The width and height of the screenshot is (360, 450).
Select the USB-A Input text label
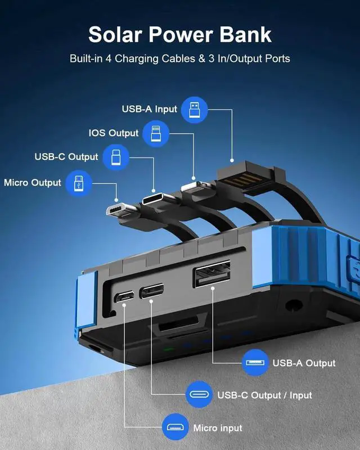(150, 109)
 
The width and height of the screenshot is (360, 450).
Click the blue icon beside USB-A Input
(194, 109)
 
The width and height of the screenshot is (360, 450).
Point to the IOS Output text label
(113, 133)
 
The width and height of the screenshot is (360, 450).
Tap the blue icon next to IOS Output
(155, 134)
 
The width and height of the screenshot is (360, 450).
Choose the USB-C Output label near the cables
(66, 157)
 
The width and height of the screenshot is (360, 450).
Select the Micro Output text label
(33, 183)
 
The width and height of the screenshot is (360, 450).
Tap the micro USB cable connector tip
(117, 210)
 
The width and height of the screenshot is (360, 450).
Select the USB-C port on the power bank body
(152, 291)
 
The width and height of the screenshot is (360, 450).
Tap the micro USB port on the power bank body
(124, 296)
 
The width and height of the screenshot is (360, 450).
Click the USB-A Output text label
(304, 363)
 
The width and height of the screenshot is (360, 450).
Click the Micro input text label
(218, 428)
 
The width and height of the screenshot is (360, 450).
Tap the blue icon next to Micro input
(175, 428)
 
